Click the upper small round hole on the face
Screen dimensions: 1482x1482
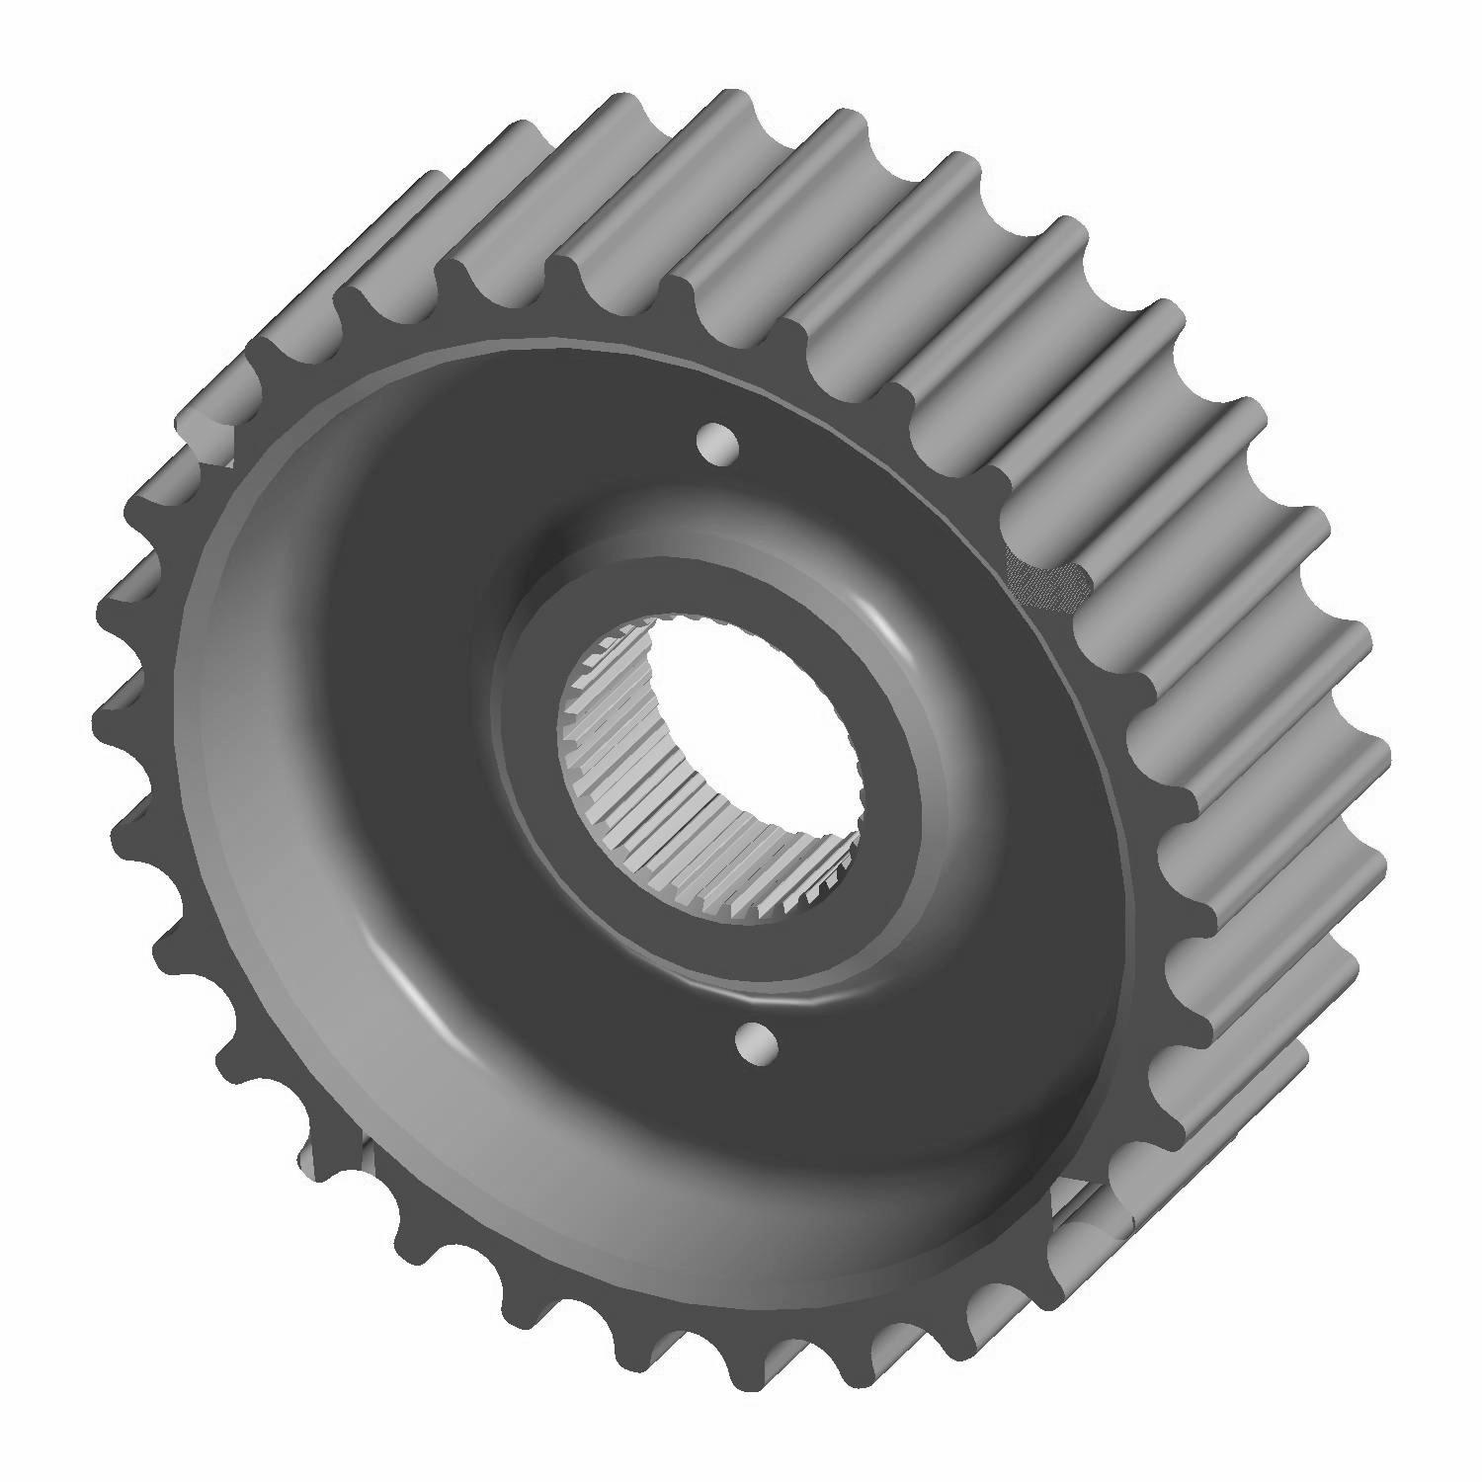tap(718, 444)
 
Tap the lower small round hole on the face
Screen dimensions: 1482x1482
tap(758, 1044)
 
